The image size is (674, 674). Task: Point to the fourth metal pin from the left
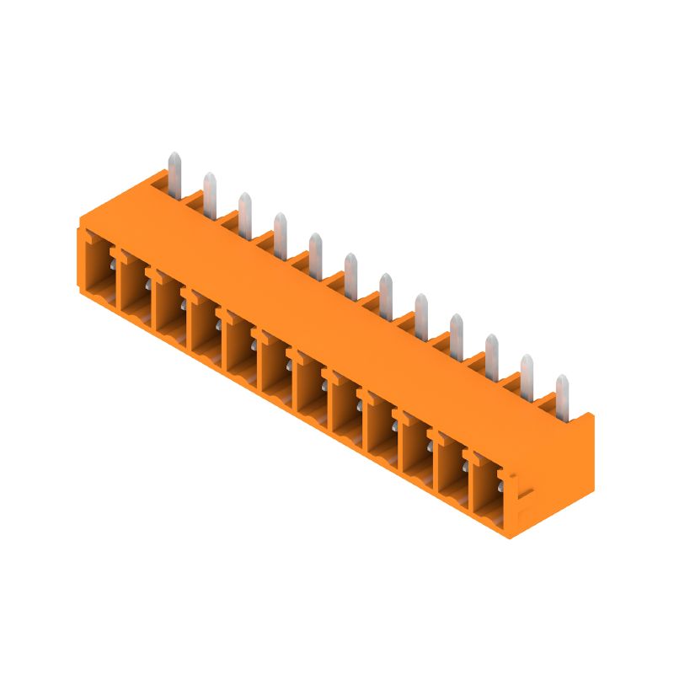click(280, 232)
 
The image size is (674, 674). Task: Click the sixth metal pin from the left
click(350, 271)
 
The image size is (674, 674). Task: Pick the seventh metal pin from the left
click(385, 292)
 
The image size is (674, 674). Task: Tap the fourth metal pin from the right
click(456, 331)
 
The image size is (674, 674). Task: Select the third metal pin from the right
click(491, 352)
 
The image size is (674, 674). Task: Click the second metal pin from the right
click(527, 373)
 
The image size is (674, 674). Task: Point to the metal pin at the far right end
click(562, 394)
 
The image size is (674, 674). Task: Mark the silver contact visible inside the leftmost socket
click(112, 268)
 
